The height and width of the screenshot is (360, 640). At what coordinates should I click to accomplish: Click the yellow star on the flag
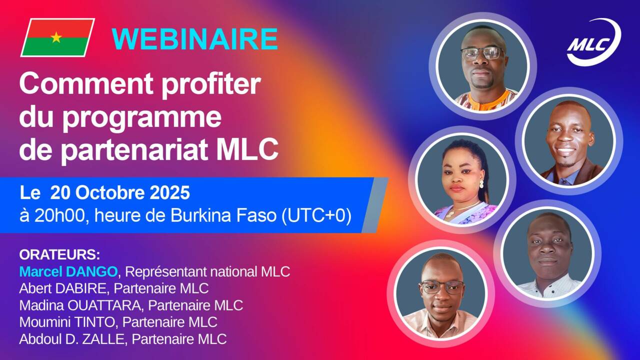click(56, 37)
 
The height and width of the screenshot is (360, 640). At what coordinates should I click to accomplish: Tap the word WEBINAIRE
click(195, 39)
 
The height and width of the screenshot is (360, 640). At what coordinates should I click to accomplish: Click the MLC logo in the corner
click(594, 42)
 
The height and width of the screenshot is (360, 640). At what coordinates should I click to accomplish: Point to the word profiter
click(211, 85)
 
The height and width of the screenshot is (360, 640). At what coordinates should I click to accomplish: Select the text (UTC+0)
click(316, 215)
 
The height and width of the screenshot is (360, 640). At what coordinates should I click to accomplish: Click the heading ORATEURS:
click(59, 255)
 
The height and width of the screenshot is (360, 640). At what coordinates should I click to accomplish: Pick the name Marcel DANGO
click(68, 271)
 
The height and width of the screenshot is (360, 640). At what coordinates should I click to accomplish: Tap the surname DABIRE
click(80, 288)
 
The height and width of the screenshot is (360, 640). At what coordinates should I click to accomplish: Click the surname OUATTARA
click(104, 305)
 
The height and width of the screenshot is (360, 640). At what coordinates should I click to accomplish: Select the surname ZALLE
click(103, 339)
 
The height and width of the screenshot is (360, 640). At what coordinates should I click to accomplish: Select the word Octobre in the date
click(110, 192)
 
